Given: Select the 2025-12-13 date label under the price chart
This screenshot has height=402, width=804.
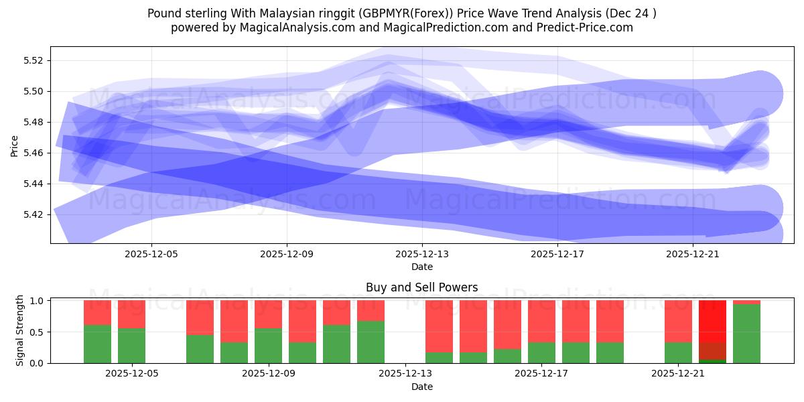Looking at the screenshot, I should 422,254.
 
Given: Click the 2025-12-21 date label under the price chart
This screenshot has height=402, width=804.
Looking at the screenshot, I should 693,254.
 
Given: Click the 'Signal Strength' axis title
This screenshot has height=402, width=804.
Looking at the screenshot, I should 20,330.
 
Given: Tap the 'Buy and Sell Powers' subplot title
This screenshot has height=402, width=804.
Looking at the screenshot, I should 421,287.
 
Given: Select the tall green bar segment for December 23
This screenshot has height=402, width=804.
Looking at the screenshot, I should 746,334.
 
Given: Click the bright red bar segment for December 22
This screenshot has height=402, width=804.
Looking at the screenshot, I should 712,321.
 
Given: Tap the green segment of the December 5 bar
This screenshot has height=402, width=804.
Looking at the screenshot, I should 131,346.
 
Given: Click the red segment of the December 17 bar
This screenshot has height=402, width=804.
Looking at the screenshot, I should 541,321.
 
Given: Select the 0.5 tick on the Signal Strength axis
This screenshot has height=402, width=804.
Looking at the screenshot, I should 38,332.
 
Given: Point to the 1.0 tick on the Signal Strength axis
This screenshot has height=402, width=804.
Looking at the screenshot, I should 38,301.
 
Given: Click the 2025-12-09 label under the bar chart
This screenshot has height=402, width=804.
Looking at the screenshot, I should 269,373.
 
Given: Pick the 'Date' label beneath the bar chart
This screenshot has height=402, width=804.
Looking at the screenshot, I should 421,387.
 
